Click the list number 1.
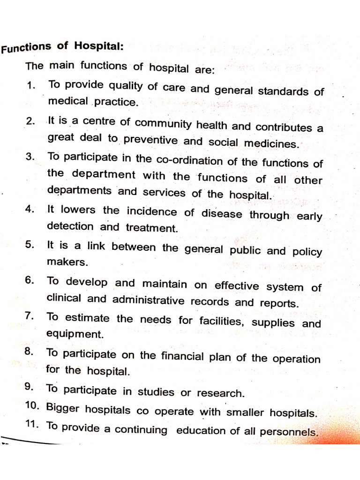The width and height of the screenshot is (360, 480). point(31,86)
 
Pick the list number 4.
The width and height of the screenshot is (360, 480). point(30,209)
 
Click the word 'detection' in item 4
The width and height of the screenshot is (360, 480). point(70,226)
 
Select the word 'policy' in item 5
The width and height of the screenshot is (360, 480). point(307,252)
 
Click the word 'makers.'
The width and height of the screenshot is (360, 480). point(61,262)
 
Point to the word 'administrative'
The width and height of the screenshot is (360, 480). point(151,300)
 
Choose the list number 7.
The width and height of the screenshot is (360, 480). point(29,316)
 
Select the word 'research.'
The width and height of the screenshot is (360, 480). point(221,393)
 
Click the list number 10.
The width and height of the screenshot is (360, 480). point(32,406)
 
